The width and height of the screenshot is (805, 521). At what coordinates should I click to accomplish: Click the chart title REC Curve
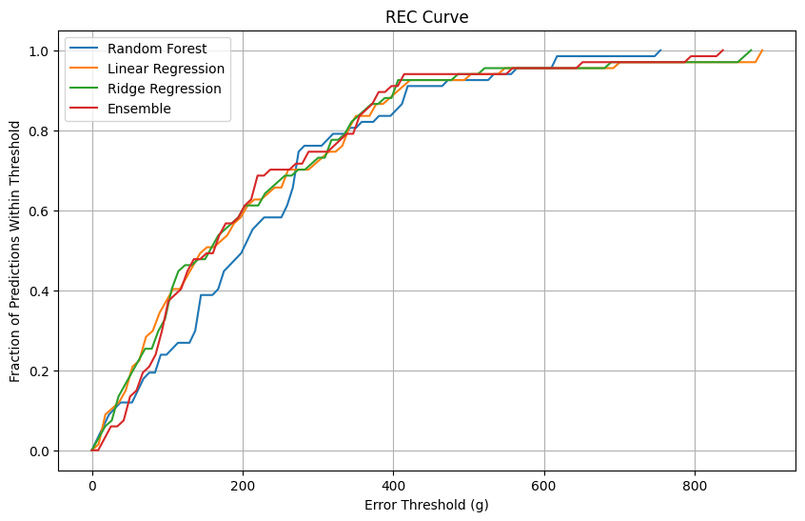(426, 17)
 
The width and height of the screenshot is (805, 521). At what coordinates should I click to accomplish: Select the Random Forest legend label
(157, 49)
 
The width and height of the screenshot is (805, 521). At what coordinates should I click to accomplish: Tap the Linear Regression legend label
(167, 69)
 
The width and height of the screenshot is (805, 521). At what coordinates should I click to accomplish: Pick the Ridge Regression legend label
(165, 89)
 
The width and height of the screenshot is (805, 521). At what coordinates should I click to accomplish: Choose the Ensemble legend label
(140, 109)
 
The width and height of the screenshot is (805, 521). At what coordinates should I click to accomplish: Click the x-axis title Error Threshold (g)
(426, 505)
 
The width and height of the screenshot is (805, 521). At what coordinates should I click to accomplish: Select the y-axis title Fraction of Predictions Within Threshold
(16, 251)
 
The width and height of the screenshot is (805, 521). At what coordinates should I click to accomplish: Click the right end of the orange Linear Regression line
(762, 50)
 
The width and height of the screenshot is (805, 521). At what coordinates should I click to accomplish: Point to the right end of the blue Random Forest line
(660, 50)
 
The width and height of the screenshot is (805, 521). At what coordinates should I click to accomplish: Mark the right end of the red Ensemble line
(723, 50)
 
